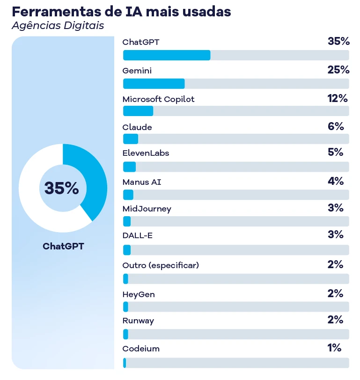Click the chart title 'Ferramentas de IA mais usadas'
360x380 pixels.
click(121, 12)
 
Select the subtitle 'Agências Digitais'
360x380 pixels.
click(58, 25)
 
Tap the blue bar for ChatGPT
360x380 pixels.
click(166, 55)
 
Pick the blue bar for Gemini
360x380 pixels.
click(154, 84)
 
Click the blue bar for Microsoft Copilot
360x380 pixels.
click(138, 111)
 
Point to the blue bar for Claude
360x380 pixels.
click(131, 139)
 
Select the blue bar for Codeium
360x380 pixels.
click(125, 363)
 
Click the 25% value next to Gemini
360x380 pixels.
click(338, 70)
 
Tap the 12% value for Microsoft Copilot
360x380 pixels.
click(338, 98)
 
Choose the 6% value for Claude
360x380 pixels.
click(336, 126)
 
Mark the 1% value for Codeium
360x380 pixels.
click(334, 348)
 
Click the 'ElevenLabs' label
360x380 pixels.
click(146, 153)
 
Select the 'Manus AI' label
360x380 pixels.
click(141, 182)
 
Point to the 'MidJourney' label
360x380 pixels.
click(147, 209)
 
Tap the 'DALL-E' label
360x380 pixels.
click(137, 235)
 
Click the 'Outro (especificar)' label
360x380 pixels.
click(161, 265)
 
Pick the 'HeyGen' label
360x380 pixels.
click(138, 294)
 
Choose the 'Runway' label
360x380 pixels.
click(138, 321)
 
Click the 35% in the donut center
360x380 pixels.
click(62, 188)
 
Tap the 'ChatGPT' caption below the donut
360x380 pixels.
click(63, 246)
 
